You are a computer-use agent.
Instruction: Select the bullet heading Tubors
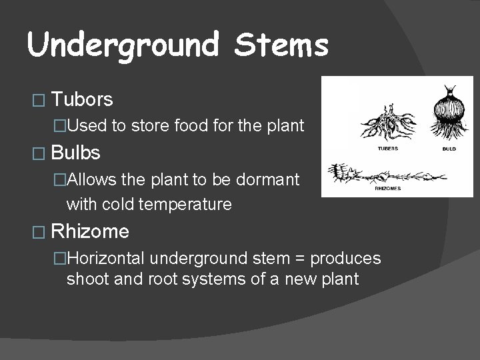[x=82, y=100]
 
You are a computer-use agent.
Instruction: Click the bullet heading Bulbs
[x=75, y=153]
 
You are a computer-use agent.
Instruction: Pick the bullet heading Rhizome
[x=90, y=232]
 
